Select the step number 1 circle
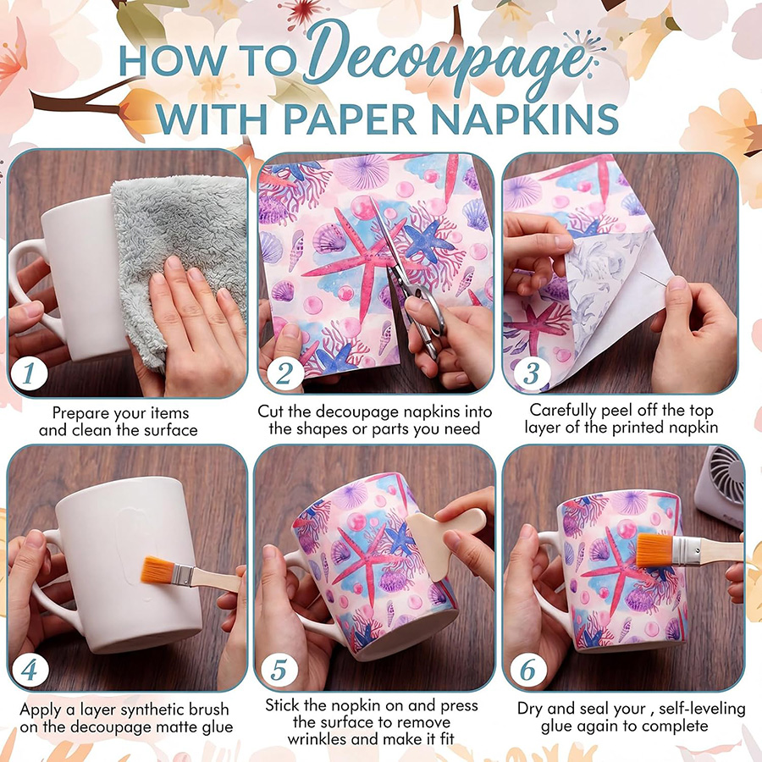(x=29, y=373)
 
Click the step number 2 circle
(x=285, y=373)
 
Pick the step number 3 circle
(x=532, y=373)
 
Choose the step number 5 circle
(x=279, y=670)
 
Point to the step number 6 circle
(x=528, y=670)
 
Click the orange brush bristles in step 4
(x=157, y=570)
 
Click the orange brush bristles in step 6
(x=654, y=550)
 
